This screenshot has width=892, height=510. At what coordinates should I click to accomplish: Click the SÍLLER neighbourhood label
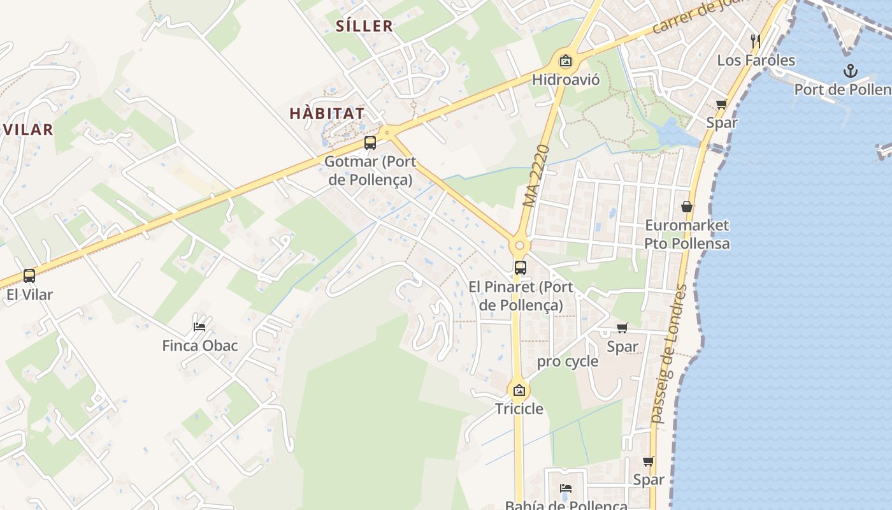364,26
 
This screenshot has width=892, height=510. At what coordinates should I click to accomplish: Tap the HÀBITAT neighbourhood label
327,114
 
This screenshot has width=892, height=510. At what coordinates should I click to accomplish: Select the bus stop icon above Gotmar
370,143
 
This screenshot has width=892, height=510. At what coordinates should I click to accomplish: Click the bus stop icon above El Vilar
29,276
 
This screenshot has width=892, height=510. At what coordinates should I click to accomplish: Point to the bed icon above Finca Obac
199,327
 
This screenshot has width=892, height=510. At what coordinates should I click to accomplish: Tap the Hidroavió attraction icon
565,61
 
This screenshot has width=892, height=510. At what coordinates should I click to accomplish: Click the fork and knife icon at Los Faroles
756,41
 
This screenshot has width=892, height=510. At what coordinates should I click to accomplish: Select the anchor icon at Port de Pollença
851,71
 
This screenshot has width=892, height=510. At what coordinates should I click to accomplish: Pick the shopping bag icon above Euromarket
687,207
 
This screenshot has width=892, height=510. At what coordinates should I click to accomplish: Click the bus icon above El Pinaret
521,268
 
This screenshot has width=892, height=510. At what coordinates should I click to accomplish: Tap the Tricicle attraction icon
519,390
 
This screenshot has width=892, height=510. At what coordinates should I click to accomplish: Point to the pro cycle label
568,362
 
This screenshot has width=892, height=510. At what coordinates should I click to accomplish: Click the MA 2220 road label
536,176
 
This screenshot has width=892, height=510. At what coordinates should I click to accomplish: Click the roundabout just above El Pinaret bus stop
520,245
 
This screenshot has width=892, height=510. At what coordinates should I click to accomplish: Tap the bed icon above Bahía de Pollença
566,488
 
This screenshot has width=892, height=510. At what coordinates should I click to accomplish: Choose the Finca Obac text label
200,346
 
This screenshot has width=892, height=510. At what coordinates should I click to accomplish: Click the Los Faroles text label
756,61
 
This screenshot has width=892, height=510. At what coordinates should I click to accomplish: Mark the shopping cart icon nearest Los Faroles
721,104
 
